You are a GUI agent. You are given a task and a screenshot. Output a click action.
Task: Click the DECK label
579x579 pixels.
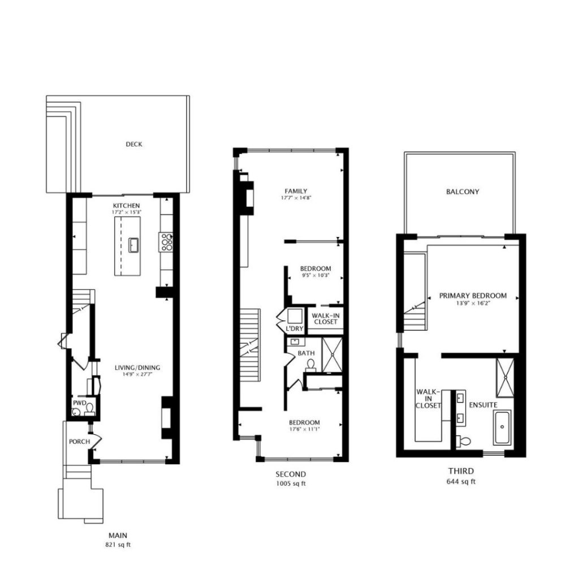(x=133, y=144)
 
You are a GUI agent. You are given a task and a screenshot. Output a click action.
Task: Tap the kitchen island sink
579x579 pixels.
(x=133, y=245)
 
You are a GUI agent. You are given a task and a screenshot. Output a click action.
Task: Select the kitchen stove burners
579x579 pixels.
(x=167, y=242)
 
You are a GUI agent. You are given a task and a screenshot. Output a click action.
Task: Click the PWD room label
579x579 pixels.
(x=79, y=403)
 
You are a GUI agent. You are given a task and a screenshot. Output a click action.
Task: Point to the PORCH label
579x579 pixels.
(x=79, y=441)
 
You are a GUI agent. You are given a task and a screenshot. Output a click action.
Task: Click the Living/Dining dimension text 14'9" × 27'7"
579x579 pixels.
(x=137, y=374)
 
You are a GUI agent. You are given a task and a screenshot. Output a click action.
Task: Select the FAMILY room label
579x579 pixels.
(x=296, y=191)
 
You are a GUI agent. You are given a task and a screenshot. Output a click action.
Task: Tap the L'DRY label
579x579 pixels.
(x=295, y=329)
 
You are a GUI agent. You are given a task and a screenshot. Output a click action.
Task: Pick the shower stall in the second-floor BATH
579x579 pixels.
(x=332, y=355)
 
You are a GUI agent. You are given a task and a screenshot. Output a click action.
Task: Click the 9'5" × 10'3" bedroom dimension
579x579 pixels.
(x=316, y=275)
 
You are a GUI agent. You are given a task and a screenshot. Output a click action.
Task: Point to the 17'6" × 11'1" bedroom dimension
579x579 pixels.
(x=305, y=429)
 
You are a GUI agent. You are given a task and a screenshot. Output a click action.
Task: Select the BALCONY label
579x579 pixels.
(x=463, y=192)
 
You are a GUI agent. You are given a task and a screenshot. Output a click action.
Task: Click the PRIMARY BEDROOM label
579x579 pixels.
(x=473, y=296)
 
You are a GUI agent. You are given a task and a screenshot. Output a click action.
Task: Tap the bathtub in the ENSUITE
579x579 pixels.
(x=502, y=427)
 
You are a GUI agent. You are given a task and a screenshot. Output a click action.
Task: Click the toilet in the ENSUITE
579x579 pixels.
(x=464, y=440)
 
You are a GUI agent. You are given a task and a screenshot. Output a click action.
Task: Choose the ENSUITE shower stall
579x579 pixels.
(x=505, y=377)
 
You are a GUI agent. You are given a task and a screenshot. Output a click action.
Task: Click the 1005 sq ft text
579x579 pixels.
(x=291, y=483)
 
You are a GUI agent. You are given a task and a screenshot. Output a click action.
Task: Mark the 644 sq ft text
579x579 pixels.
(x=461, y=482)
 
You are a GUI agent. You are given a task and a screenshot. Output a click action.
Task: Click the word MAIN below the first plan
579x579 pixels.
(x=118, y=535)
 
